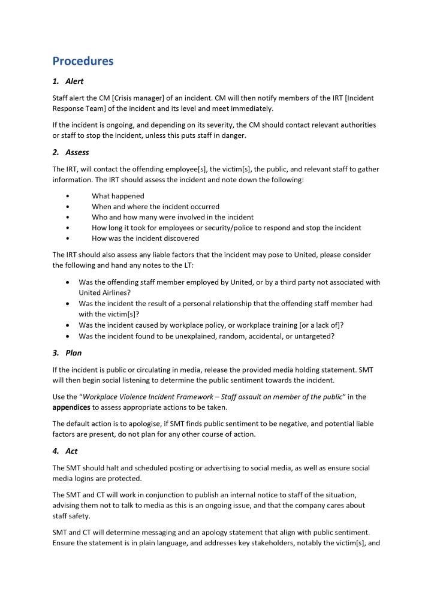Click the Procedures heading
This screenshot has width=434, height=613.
pyautogui.click(x=83, y=61)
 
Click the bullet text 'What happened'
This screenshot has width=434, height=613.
pyautogui.click(x=118, y=196)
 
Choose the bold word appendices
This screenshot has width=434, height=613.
pyautogui.click(x=71, y=407)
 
